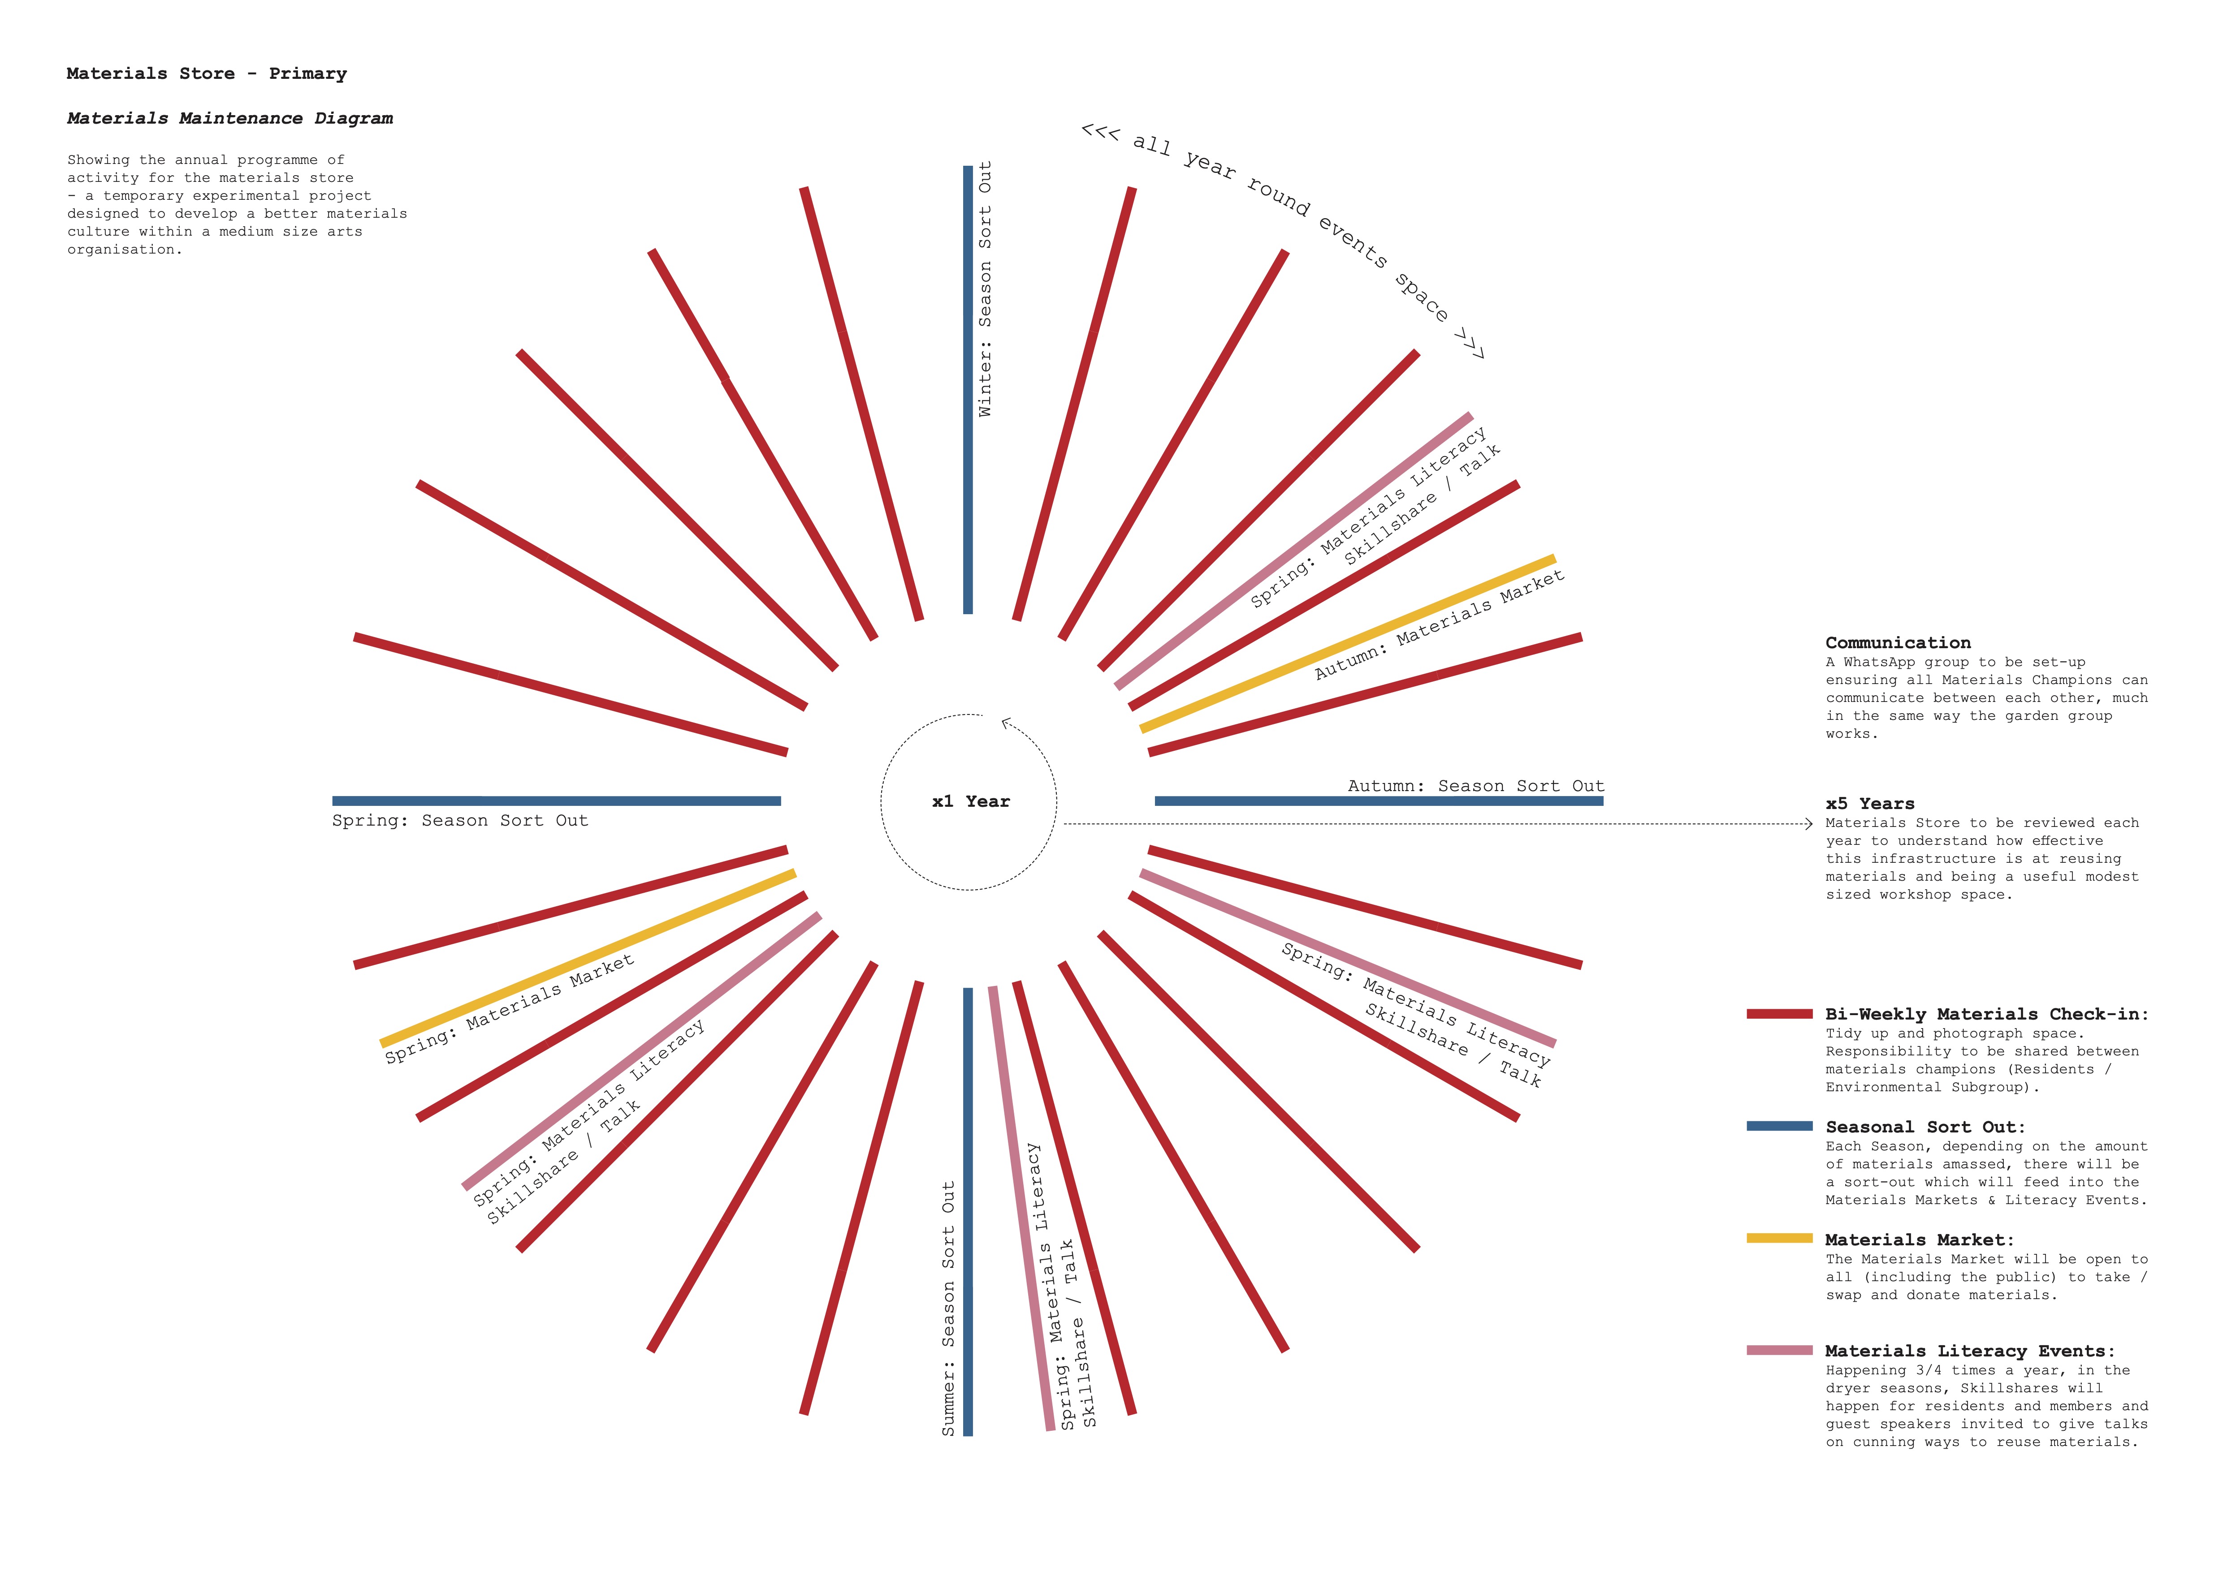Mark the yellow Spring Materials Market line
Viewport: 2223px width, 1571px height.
[x=588, y=958]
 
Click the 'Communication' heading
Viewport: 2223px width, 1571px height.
[x=1898, y=643]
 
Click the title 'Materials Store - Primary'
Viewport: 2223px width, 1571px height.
[x=206, y=73]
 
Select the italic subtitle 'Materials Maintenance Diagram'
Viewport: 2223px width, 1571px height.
[x=229, y=118]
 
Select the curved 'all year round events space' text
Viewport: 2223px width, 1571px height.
[x=1288, y=203]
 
